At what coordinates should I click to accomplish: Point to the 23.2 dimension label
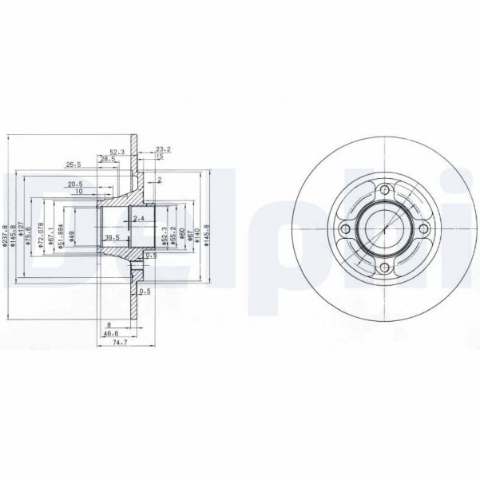[x=163, y=149]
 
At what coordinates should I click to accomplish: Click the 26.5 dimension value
[x=73, y=165]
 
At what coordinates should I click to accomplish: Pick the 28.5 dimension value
[x=107, y=159]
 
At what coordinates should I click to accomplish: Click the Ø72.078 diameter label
[x=41, y=237]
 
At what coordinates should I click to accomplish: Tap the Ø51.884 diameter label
[x=61, y=237]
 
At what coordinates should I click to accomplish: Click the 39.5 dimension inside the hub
[x=113, y=238]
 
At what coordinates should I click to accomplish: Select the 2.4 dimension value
[x=139, y=218]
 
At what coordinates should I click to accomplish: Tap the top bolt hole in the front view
[x=385, y=190]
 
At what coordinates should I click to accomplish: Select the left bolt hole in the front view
[x=345, y=230]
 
